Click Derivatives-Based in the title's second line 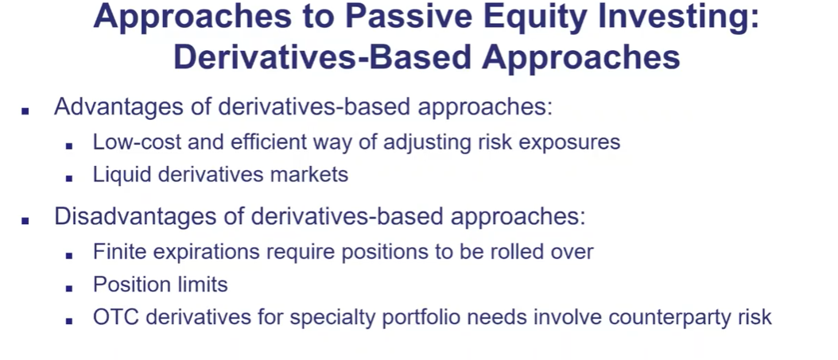[322, 56]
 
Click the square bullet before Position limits [69, 288]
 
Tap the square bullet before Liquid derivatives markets [69, 179]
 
